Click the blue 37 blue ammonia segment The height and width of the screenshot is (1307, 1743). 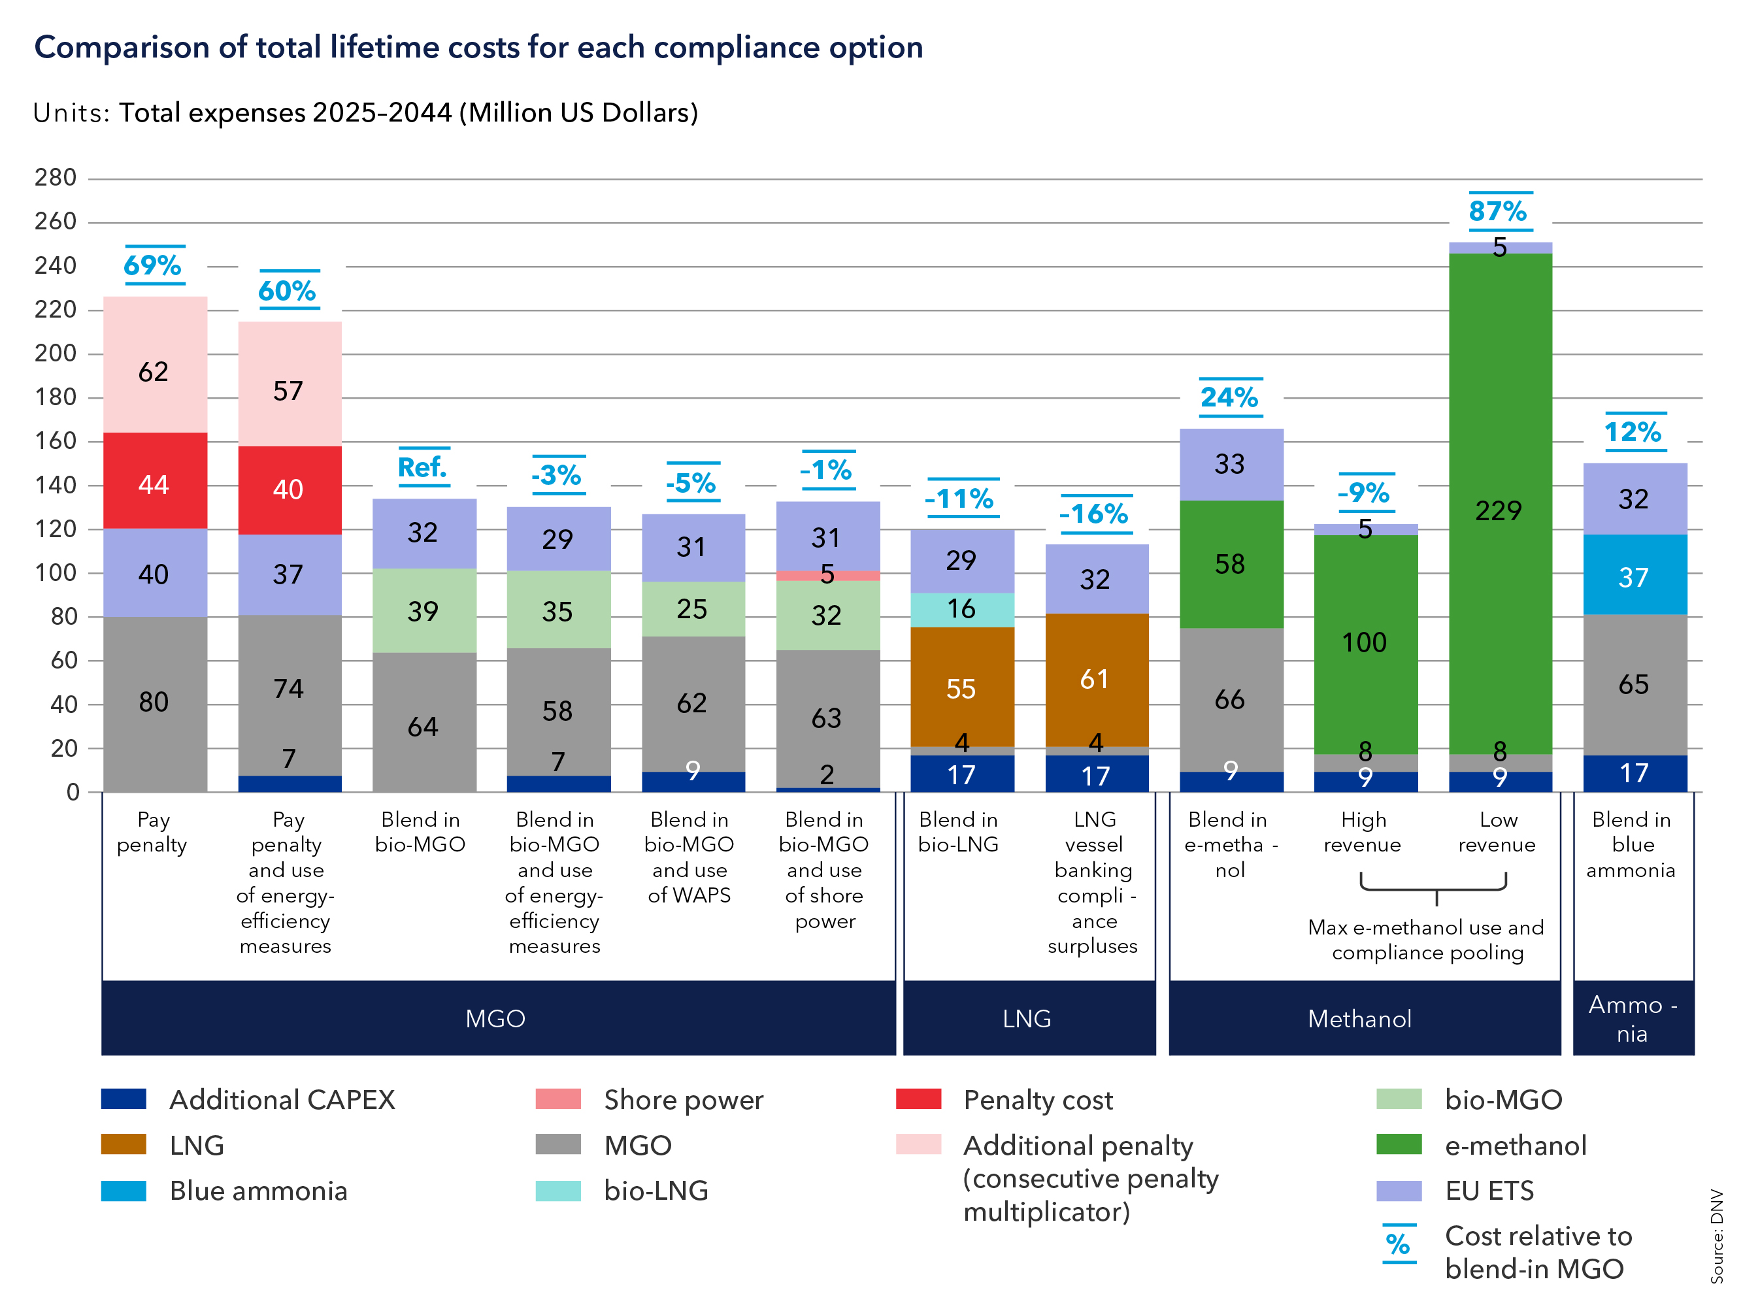coord(1635,575)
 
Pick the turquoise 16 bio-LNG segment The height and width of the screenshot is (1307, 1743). coord(961,610)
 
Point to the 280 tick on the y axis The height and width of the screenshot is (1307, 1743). coord(55,178)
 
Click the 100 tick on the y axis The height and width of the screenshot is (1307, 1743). coord(55,572)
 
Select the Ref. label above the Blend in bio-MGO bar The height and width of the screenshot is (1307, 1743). coord(422,468)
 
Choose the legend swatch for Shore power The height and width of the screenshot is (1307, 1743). coord(558,1099)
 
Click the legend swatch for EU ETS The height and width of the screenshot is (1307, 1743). coord(1399,1191)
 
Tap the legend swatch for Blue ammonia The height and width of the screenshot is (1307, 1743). coord(124,1191)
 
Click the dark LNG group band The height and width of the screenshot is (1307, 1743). coord(1028,1018)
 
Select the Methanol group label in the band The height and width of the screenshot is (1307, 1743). coord(1359,1019)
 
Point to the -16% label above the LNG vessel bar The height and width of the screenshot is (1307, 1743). coord(1095,514)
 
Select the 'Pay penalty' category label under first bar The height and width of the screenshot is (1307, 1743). coord(153,832)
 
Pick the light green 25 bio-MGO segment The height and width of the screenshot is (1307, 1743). coord(692,609)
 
